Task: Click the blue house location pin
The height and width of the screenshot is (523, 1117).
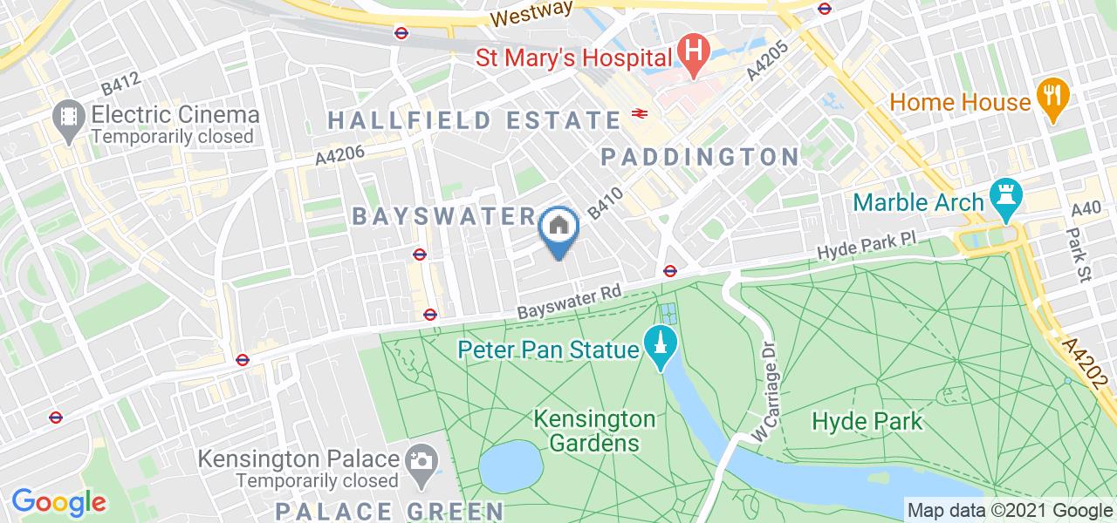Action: coord(558,228)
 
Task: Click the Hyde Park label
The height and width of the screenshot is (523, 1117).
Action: coord(867,421)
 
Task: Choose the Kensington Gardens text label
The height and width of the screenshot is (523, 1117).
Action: coord(595,431)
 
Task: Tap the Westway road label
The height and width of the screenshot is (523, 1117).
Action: coord(531,13)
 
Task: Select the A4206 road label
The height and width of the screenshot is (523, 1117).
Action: coord(339,155)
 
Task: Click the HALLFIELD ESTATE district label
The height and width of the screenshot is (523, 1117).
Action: coord(474,119)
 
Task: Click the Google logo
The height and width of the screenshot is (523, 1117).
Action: coord(58,501)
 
